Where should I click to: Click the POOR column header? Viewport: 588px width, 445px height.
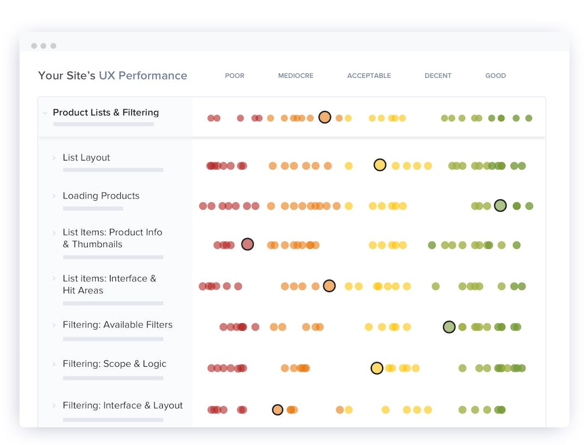[235, 76]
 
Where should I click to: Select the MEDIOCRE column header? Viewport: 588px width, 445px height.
[296, 76]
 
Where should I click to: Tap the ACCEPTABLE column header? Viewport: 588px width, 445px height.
[369, 76]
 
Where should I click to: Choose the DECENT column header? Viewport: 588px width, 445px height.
[438, 76]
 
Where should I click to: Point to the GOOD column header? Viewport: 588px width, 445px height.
[495, 76]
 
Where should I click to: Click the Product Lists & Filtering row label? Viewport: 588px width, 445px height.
[106, 113]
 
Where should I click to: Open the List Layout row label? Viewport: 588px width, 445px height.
[86, 158]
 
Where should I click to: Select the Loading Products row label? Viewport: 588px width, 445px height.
[101, 196]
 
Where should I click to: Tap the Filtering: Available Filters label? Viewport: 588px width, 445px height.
[117, 325]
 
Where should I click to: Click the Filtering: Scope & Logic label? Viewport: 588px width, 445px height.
[114, 364]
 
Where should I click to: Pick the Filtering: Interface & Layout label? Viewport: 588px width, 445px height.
[122, 405]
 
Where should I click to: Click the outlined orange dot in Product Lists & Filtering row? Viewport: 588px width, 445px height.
[324, 117]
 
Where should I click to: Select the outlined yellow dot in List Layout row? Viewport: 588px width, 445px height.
[380, 165]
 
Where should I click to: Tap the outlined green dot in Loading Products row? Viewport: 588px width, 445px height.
[500, 206]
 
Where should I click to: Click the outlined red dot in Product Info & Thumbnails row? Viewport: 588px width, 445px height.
[247, 244]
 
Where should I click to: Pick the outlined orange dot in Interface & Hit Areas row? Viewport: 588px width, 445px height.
[329, 286]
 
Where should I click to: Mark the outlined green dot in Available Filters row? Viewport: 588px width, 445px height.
[449, 327]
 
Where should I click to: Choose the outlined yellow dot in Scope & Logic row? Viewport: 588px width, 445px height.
[377, 368]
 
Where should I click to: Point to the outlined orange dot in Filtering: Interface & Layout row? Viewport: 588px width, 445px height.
[278, 410]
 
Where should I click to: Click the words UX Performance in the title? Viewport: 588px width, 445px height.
[143, 76]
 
